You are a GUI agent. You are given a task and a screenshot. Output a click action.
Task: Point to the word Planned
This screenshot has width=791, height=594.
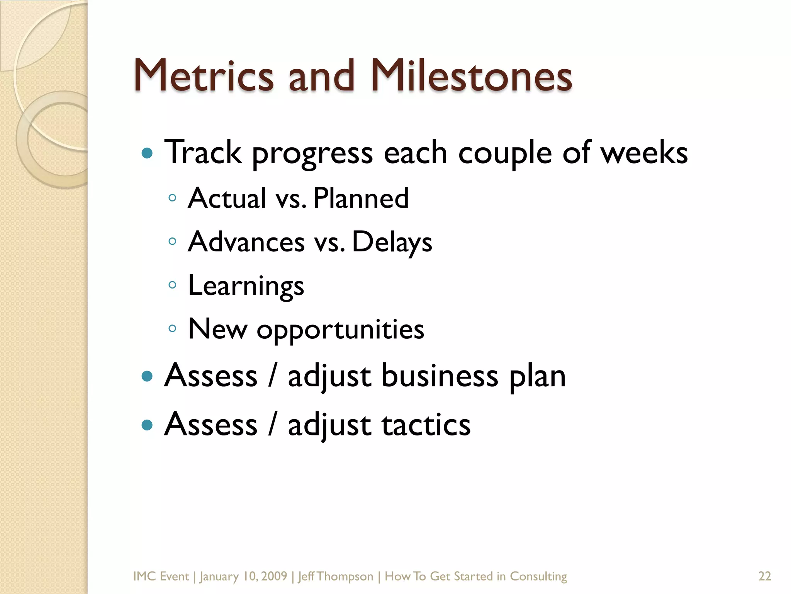tap(361, 198)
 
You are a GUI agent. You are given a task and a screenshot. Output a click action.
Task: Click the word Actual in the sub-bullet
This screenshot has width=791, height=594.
tap(227, 198)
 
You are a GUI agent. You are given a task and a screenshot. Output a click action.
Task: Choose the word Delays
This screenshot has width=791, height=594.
tap(392, 242)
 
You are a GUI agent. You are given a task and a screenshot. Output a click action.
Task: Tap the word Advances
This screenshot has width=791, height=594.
tap(246, 242)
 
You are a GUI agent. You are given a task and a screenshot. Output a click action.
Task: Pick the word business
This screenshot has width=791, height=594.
tap(440, 376)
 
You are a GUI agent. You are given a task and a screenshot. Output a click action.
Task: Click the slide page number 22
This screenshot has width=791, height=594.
tap(765, 576)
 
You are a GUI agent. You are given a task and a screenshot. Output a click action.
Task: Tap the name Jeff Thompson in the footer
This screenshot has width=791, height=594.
tap(336, 576)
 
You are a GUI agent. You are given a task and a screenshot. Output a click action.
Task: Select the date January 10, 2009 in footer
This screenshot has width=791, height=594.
tap(243, 576)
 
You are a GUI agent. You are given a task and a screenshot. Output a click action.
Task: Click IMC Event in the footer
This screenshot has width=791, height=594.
tap(161, 576)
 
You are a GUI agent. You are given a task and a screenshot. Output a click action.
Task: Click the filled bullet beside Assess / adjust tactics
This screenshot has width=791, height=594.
tap(147, 425)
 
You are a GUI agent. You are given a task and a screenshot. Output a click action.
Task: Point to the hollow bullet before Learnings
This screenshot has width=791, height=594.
tap(173, 285)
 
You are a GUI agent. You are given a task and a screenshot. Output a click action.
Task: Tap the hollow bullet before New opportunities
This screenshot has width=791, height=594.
tap(173, 329)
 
